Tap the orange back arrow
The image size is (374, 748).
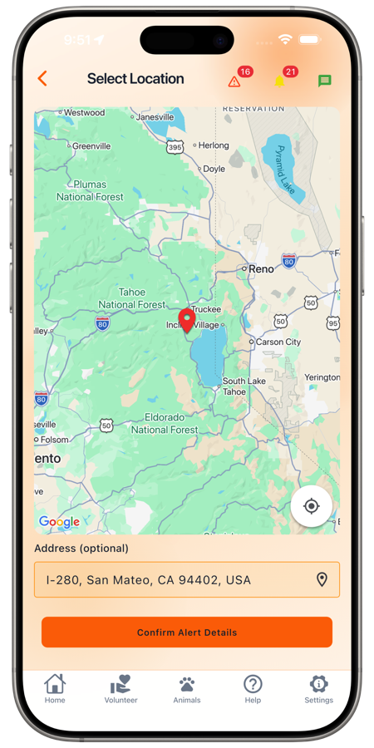pos(42,79)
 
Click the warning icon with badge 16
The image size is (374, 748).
pos(234,81)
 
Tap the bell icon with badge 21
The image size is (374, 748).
pos(280,81)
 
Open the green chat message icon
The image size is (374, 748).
pos(324,81)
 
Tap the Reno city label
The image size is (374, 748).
pos(261,269)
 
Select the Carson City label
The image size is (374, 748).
pos(278,342)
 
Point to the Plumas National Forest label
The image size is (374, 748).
pos(90,190)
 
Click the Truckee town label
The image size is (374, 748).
pos(206,309)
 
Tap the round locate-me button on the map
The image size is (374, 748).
pos(312,506)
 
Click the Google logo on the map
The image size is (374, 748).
pos(59,523)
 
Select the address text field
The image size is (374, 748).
pos(175,580)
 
